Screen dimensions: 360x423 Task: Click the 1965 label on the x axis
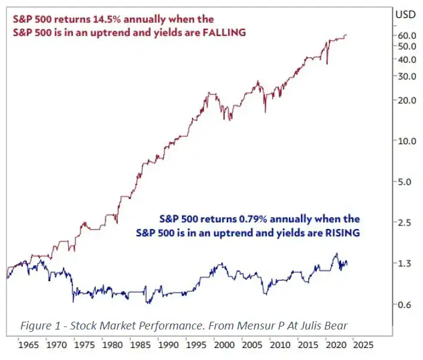28,345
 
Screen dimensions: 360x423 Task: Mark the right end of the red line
346,35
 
